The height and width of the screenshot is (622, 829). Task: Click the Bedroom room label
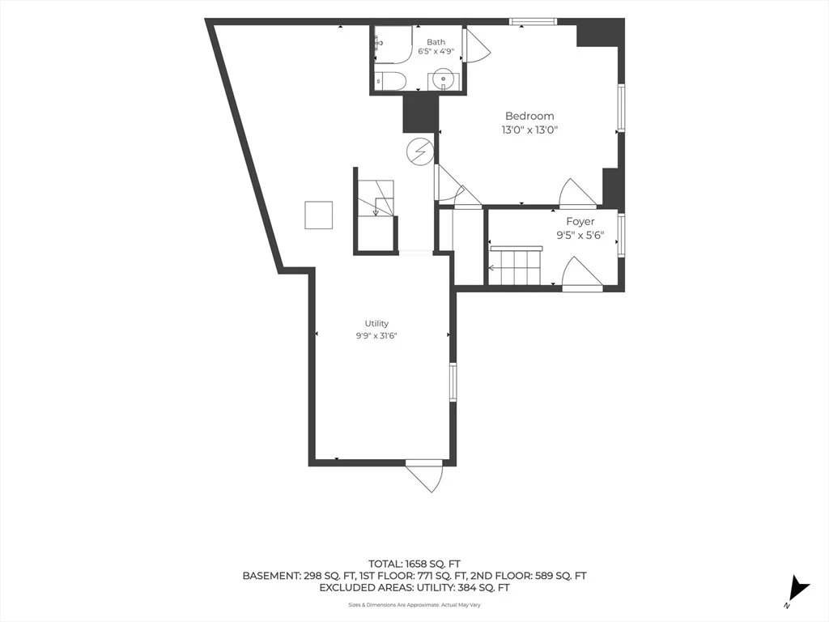[x=529, y=116]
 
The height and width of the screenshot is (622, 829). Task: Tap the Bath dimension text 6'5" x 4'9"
[x=436, y=52]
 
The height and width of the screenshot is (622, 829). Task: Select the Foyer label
[x=580, y=222]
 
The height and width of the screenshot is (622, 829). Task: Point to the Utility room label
[x=376, y=323]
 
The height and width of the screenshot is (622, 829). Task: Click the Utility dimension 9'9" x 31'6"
[x=376, y=335]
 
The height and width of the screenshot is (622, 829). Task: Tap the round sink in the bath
[x=443, y=81]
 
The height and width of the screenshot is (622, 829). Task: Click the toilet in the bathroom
[x=390, y=81]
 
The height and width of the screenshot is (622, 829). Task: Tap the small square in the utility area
[x=319, y=215]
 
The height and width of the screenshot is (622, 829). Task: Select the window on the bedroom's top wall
[x=533, y=22]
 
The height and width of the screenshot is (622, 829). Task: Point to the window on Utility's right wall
[x=453, y=382]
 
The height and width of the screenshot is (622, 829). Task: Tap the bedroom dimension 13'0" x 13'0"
[x=529, y=130]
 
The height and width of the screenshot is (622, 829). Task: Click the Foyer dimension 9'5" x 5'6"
[x=580, y=236]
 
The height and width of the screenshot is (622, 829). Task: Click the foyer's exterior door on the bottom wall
[x=581, y=274]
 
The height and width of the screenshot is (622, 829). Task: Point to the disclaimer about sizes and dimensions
[x=414, y=605]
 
